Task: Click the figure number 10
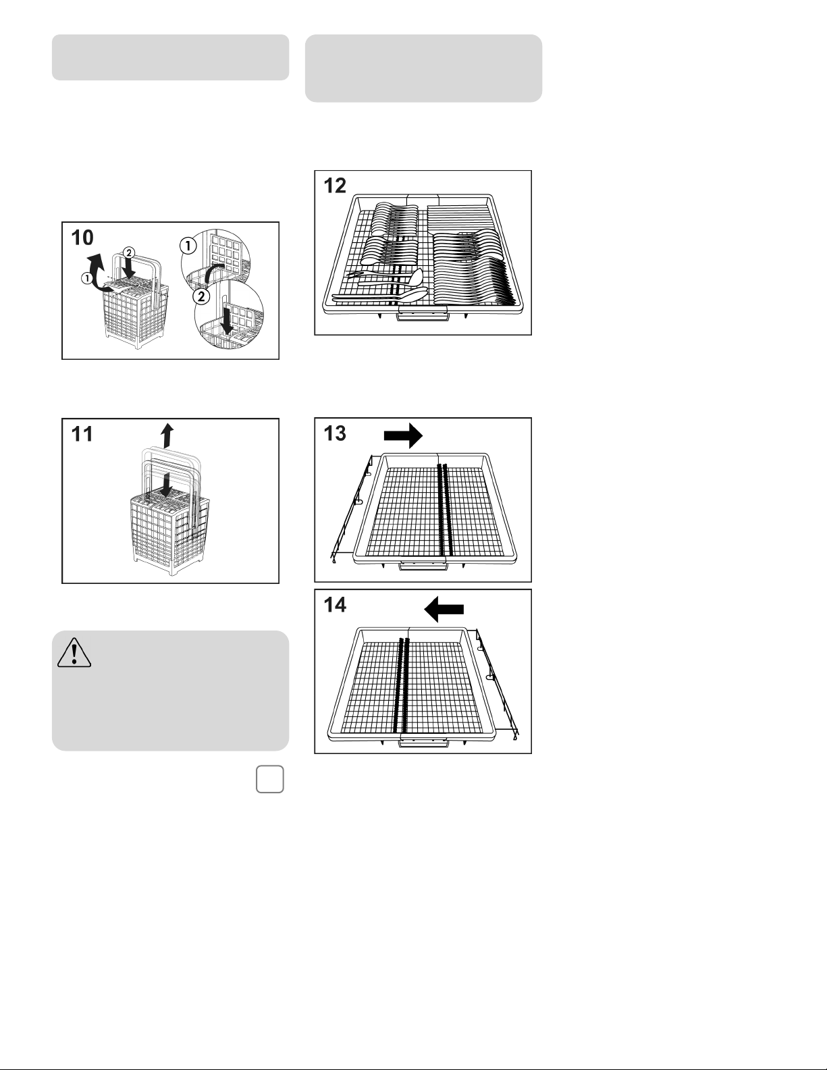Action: [82, 238]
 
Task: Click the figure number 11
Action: [82, 434]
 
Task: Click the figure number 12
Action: [335, 186]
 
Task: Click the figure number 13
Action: [335, 433]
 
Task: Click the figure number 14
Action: [335, 605]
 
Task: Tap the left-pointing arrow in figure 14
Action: [444, 610]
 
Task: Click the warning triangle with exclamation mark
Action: [74, 653]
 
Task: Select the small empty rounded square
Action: [270, 780]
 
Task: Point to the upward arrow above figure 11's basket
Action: [168, 435]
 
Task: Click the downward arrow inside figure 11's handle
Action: [167, 484]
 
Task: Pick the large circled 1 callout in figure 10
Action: [188, 245]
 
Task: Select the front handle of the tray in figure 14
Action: [423, 742]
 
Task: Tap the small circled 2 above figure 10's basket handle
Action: [128, 253]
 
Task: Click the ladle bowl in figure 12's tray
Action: [417, 277]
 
